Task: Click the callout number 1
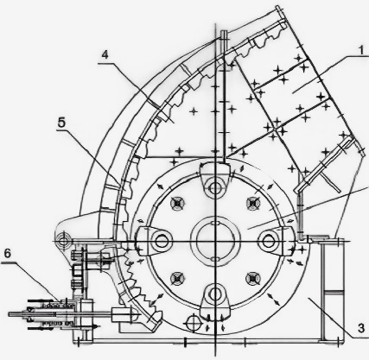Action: tap(361, 51)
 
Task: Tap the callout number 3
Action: tap(361, 328)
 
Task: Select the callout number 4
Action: tap(105, 54)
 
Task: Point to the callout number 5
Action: tap(61, 123)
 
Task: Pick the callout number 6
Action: tap(8, 254)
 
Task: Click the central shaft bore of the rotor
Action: tap(215, 241)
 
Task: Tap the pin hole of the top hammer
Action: tap(214, 188)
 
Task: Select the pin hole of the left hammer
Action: tap(161, 241)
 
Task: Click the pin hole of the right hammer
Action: tap(268, 241)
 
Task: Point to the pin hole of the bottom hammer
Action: tap(215, 294)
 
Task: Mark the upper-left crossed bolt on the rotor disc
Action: tap(177, 204)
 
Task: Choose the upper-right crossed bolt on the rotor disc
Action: tap(253, 203)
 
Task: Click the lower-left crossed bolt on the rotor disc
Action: tap(177, 278)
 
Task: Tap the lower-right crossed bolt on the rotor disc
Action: tap(252, 278)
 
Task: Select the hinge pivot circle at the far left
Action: tap(63, 240)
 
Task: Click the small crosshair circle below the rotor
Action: tap(192, 323)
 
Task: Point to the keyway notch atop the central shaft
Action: tap(215, 223)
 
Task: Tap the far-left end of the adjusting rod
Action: tap(10, 314)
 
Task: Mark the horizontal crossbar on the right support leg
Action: tap(334, 293)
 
